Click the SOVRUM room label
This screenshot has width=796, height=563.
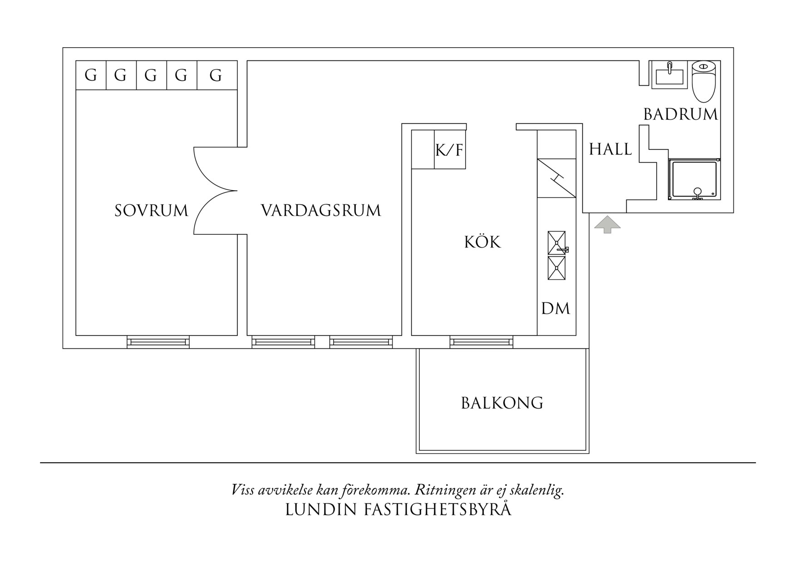tap(151, 211)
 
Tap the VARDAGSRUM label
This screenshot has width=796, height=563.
tap(320, 211)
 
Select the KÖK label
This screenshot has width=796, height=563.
tap(482, 242)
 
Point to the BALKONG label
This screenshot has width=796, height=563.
tap(502, 403)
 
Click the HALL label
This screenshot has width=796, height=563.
tap(610, 149)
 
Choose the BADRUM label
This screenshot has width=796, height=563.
tap(680, 114)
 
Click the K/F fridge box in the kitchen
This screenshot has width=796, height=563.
tap(450, 150)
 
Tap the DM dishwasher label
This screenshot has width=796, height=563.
tap(555, 309)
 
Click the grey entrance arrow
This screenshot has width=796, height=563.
tap(607, 224)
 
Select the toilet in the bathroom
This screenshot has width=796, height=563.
tap(703, 82)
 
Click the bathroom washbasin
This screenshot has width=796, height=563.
tap(669, 75)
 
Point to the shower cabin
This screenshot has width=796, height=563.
tap(694, 179)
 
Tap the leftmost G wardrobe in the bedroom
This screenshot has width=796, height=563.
tap(91, 75)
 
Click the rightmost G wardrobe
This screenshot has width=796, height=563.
tap(216, 75)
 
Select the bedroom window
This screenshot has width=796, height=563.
tap(158, 342)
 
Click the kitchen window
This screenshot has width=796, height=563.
tap(481, 342)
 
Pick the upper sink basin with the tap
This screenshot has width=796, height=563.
tap(556, 242)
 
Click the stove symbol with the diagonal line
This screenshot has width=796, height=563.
tap(556, 178)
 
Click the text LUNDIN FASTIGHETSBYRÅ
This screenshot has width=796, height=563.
tap(398, 509)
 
